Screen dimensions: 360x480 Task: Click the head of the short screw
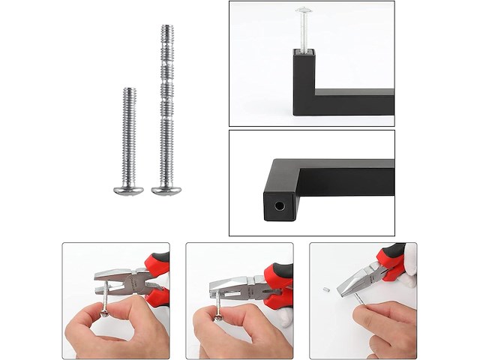[x=128, y=190]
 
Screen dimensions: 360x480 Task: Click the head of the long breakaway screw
[x=166, y=190]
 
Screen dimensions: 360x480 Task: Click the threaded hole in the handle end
[x=279, y=204]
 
